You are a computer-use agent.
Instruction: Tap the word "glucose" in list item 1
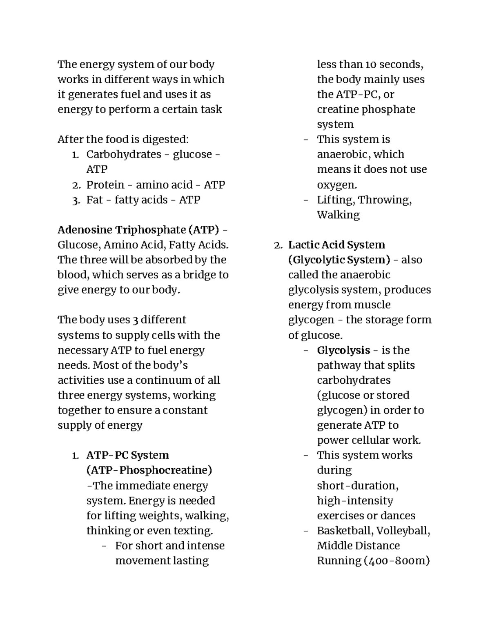click(192, 155)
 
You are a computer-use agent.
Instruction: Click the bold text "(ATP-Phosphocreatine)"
click(149, 470)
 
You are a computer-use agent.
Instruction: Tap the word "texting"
click(194, 531)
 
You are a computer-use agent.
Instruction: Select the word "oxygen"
click(336, 185)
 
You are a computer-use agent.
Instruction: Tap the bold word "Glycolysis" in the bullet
click(343, 350)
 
